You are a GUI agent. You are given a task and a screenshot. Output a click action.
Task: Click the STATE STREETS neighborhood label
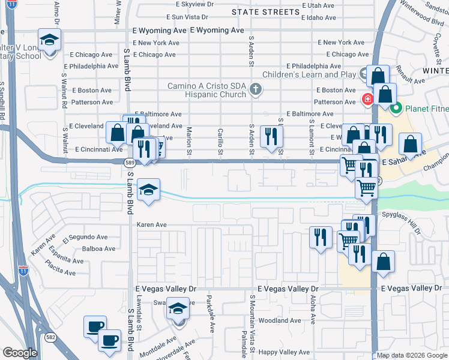(x=265, y=12)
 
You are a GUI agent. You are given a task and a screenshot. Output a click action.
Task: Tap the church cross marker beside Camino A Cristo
(x=256, y=91)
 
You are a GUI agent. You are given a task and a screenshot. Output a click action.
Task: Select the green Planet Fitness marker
(x=396, y=109)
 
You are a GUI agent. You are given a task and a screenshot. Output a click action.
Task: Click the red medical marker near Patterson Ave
(x=364, y=98)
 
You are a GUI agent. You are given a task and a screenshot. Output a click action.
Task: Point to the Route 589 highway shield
(x=129, y=162)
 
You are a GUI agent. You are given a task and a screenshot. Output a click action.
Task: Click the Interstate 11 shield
(x=23, y=271)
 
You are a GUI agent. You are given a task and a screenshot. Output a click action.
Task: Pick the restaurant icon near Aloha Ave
(x=321, y=237)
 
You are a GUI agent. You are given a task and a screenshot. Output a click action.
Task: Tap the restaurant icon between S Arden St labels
(x=271, y=137)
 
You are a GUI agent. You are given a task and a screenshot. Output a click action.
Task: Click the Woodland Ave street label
(x=280, y=321)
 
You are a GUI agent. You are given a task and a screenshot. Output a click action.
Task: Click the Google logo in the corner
(x=20, y=353)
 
